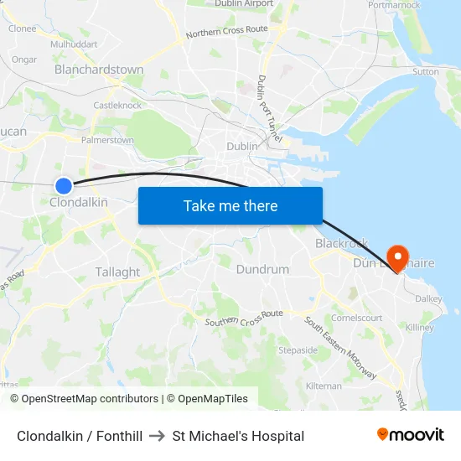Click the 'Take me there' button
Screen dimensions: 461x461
[x=230, y=205]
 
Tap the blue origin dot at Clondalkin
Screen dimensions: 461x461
[x=64, y=185]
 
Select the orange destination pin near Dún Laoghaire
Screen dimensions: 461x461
[x=396, y=256]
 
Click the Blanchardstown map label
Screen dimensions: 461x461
[x=99, y=70]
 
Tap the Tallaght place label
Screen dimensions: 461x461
[x=117, y=272]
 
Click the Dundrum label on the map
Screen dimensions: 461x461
[x=262, y=269]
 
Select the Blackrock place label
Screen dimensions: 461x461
[x=341, y=243]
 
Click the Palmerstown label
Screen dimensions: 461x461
[x=107, y=140]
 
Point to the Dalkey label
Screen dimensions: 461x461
[x=427, y=298]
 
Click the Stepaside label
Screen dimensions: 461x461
[x=298, y=350]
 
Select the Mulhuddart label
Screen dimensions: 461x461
[x=74, y=44]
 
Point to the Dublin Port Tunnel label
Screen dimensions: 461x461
[x=269, y=107]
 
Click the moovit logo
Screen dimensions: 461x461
[x=411, y=435]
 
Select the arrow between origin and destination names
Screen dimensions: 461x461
[x=157, y=436]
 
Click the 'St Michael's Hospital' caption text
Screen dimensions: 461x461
[x=238, y=436]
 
